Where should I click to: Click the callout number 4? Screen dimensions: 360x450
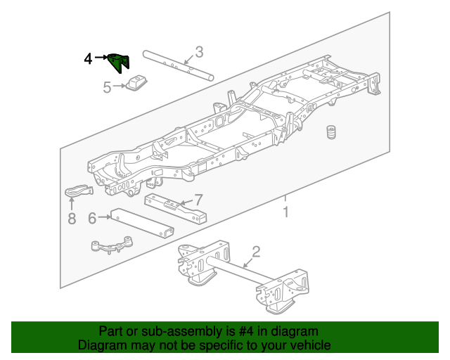[88, 59]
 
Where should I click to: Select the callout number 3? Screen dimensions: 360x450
[199, 51]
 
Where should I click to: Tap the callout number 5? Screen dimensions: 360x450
[108, 88]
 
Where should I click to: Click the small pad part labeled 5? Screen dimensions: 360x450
[136, 82]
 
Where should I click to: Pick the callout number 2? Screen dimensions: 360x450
[257, 252]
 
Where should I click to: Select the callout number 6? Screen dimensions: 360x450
[92, 218]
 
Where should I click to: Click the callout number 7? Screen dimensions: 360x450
[198, 200]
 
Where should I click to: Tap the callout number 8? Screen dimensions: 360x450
[71, 219]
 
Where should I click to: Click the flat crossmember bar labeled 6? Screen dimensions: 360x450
[141, 224]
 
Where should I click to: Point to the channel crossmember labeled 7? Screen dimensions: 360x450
[176, 208]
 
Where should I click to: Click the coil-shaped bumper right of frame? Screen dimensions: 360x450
[328, 134]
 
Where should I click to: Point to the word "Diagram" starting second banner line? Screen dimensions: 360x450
[101, 345]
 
